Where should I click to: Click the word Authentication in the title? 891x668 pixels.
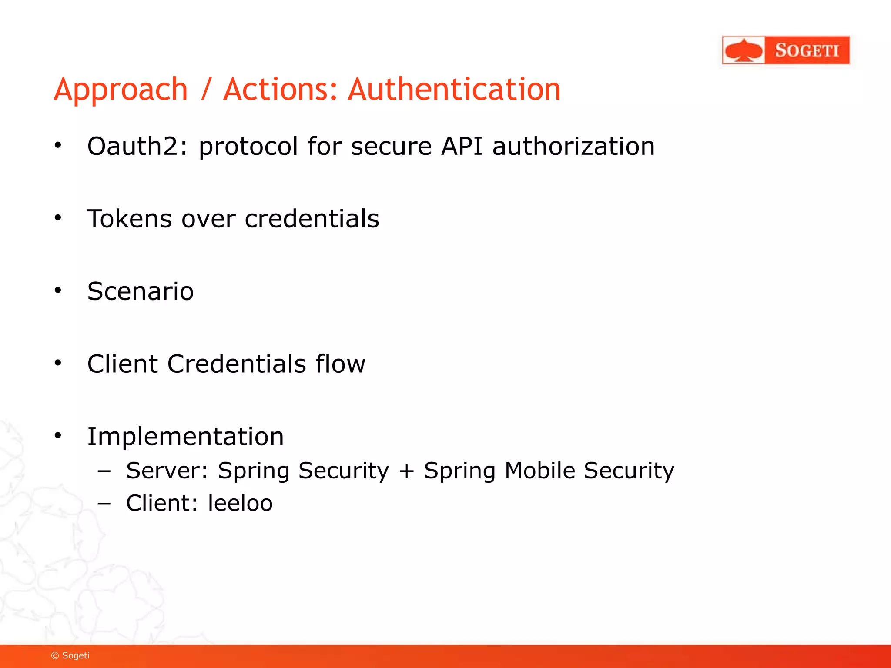tap(454, 89)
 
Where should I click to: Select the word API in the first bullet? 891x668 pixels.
tap(462, 146)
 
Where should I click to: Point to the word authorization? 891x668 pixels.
tap(573, 146)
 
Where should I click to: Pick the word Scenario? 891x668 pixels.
tap(140, 291)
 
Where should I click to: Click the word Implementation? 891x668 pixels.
tap(185, 436)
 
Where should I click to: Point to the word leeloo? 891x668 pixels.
tap(240, 503)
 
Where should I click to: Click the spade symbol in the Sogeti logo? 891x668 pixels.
tap(744, 50)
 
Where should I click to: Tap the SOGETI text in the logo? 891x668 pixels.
tap(807, 50)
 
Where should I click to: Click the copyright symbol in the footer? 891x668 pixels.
tap(55, 656)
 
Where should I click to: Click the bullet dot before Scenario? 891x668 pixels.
tap(58, 290)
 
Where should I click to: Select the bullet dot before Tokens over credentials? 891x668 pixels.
tap(58, 217)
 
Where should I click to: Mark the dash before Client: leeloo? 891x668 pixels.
tap(104, 504)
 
